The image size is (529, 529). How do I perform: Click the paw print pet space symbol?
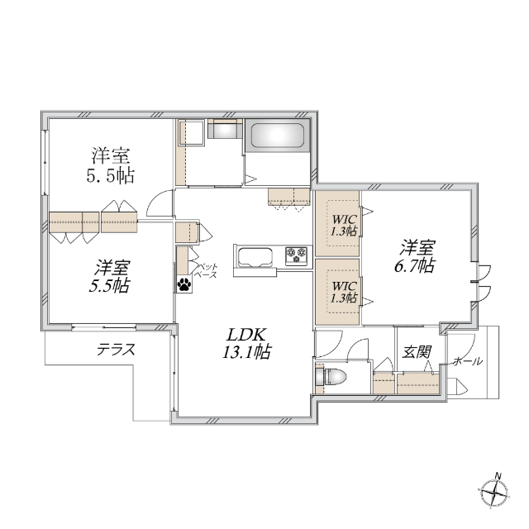click(x=183, y=284)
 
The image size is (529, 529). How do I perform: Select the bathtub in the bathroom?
click(x=278, y=136)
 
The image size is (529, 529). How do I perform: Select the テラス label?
click(x=116, y=350)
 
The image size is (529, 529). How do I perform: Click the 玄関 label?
click(x=417, y=352)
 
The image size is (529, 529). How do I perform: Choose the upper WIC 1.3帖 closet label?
click(x=345, y=225)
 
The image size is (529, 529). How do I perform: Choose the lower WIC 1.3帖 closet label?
click(x=345, y=291)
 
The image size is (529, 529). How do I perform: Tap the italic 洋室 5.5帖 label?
click(x=110, y=276)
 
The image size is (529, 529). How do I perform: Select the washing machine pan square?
click(x=193, y=133)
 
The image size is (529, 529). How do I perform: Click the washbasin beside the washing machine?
click(x=224, y=130)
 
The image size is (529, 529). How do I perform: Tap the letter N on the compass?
click(x=498, y=475)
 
